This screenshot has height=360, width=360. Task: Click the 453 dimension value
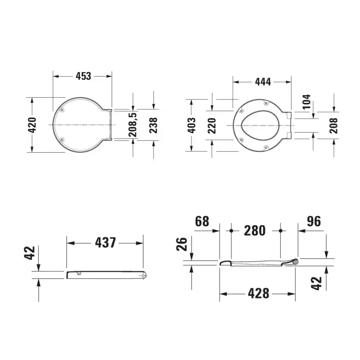[83, 76]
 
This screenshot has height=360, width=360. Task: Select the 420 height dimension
[32, 125]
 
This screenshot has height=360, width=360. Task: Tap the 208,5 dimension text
[133, 124]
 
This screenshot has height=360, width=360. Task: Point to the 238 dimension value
[153, 125]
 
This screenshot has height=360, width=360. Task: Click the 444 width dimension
[263, 82]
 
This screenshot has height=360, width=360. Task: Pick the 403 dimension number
[191, 125]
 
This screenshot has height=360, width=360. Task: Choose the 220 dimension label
[212, 125]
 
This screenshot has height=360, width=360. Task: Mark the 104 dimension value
[307, 101]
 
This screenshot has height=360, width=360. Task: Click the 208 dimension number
[334, 125]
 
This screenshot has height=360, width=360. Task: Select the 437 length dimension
[105, 243]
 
